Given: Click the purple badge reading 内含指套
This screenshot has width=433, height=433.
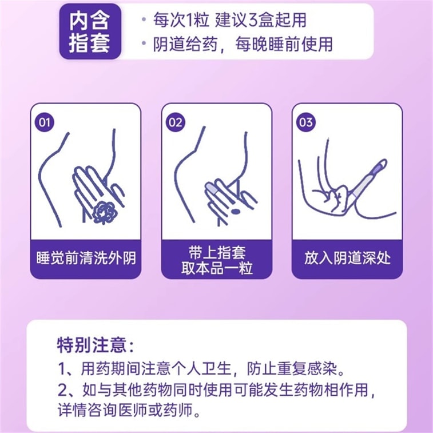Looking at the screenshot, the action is point(90,31).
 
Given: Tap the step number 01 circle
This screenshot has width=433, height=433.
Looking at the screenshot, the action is point(45,122).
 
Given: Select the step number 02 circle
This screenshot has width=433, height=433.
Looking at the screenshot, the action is point(176,122).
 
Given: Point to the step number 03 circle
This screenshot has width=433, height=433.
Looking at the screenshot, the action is point(305,122).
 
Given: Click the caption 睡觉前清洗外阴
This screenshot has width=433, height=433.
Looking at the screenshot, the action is point(86,258).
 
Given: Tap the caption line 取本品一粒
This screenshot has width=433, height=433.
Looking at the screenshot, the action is point(217,268).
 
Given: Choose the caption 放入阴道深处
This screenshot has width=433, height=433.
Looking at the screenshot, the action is point(347,258).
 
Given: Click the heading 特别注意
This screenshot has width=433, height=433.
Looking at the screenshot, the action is point(96,345).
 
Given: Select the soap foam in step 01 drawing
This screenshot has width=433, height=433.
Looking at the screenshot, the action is point(105,212).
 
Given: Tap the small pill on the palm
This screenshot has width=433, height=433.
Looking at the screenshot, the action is point(235,212).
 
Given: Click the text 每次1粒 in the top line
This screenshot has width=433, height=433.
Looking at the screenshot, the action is point(181,20).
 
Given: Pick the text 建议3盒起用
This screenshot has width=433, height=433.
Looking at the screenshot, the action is point(261,20).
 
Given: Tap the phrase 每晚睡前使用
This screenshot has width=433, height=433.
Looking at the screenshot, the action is point(284,44).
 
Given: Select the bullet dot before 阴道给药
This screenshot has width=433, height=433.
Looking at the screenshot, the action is point(144,43).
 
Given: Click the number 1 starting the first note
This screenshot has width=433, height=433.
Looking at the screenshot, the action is point(62,368).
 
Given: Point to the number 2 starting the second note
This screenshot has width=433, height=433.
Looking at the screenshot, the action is point(62,390).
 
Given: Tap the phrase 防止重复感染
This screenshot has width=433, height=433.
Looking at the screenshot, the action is point(292,368).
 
